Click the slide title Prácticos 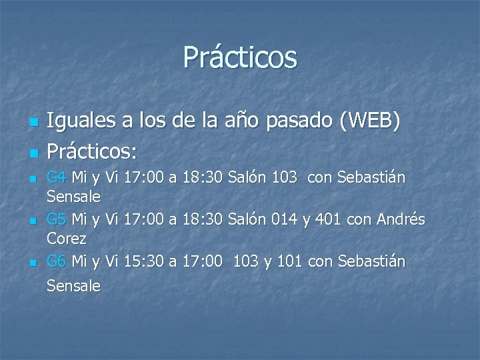(x=240, y=57)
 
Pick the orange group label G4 (x=57, y=178)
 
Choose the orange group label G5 (x=57, y=219)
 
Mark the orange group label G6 (x=57, y=261)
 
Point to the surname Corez (x=66, y=237)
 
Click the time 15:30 (x=148, y=261)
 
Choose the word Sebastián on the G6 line (x=371, y=261)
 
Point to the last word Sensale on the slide (x=73, y=286)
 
